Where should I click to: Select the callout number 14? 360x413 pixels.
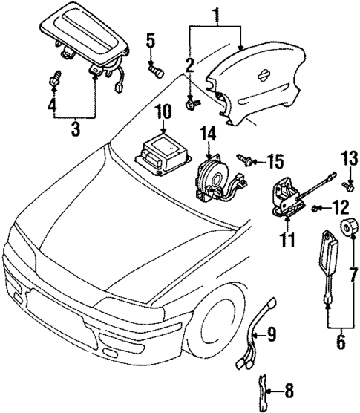[x=208, y=134]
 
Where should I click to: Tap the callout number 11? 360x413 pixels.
[x=287, y=240]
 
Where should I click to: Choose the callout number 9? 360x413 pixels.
[x=272, y=335]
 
